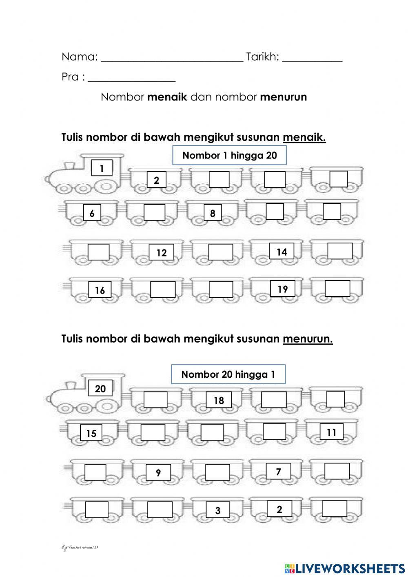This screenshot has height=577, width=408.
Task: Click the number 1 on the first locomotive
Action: tap(102, 168)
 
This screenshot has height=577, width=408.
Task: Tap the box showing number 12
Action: tap(162, 253)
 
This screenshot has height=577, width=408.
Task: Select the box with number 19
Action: tap(282, 289)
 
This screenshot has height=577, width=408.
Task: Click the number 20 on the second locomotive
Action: tap(100, 388)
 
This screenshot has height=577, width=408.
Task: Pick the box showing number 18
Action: tap(219, 400)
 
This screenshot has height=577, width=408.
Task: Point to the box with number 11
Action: tap(331, 432)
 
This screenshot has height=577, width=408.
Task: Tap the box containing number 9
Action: tap(158, 473)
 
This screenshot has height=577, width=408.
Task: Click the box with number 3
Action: tap(218, 510)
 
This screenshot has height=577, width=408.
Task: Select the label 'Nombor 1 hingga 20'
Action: tap(229, 155)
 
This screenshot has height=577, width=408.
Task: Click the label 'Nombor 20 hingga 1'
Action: tap(228, 374)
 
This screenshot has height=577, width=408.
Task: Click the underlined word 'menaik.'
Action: tap(304, 137)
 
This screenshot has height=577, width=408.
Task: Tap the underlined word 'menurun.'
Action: tap(308, 339)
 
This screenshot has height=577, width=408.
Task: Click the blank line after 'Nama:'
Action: tap(171, 60)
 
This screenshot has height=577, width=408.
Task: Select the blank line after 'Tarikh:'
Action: tap(312, 60)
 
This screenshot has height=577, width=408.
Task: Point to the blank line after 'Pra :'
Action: tap(131, 80)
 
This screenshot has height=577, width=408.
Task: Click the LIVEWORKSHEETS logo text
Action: tap(349, 568)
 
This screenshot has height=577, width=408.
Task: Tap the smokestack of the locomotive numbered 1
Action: tap(69, 165)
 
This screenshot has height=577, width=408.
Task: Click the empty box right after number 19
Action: tap(337, 288)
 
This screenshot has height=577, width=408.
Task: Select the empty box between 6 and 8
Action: tap(155, 213)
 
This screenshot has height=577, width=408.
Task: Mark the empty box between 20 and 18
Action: tap(155, 399)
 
